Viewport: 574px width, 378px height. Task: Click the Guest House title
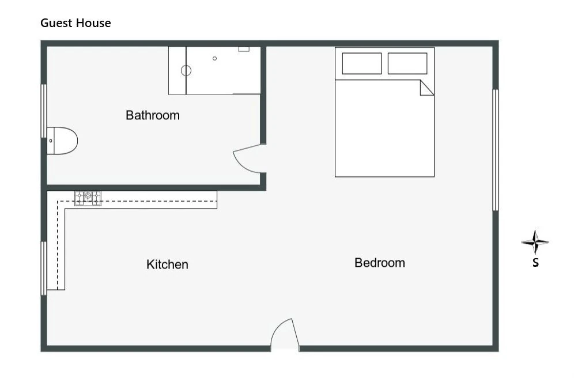pos(75,23)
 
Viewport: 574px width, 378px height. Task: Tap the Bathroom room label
pos(153,115)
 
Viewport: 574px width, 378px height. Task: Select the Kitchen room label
pos(167,264)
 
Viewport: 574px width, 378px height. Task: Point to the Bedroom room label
pos(380,263)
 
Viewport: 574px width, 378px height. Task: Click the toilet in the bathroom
pos(62,141)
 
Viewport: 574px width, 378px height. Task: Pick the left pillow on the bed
pos(362,63)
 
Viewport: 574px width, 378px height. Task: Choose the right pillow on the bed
pos(407,63)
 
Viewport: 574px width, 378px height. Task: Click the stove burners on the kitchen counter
pos(88,198)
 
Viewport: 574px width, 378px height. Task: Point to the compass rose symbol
pos(535,242)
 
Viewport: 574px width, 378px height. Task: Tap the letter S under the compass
pos(535,262)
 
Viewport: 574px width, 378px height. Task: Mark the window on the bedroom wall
pos(495,150)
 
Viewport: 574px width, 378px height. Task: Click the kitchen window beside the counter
pos(44,268)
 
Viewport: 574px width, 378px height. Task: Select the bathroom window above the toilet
pos(44,111)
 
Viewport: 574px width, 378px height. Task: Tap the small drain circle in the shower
pos(214,59)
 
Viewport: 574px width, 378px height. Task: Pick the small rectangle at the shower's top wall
pos(244,48)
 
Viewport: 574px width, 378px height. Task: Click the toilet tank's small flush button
pos(51,141)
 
